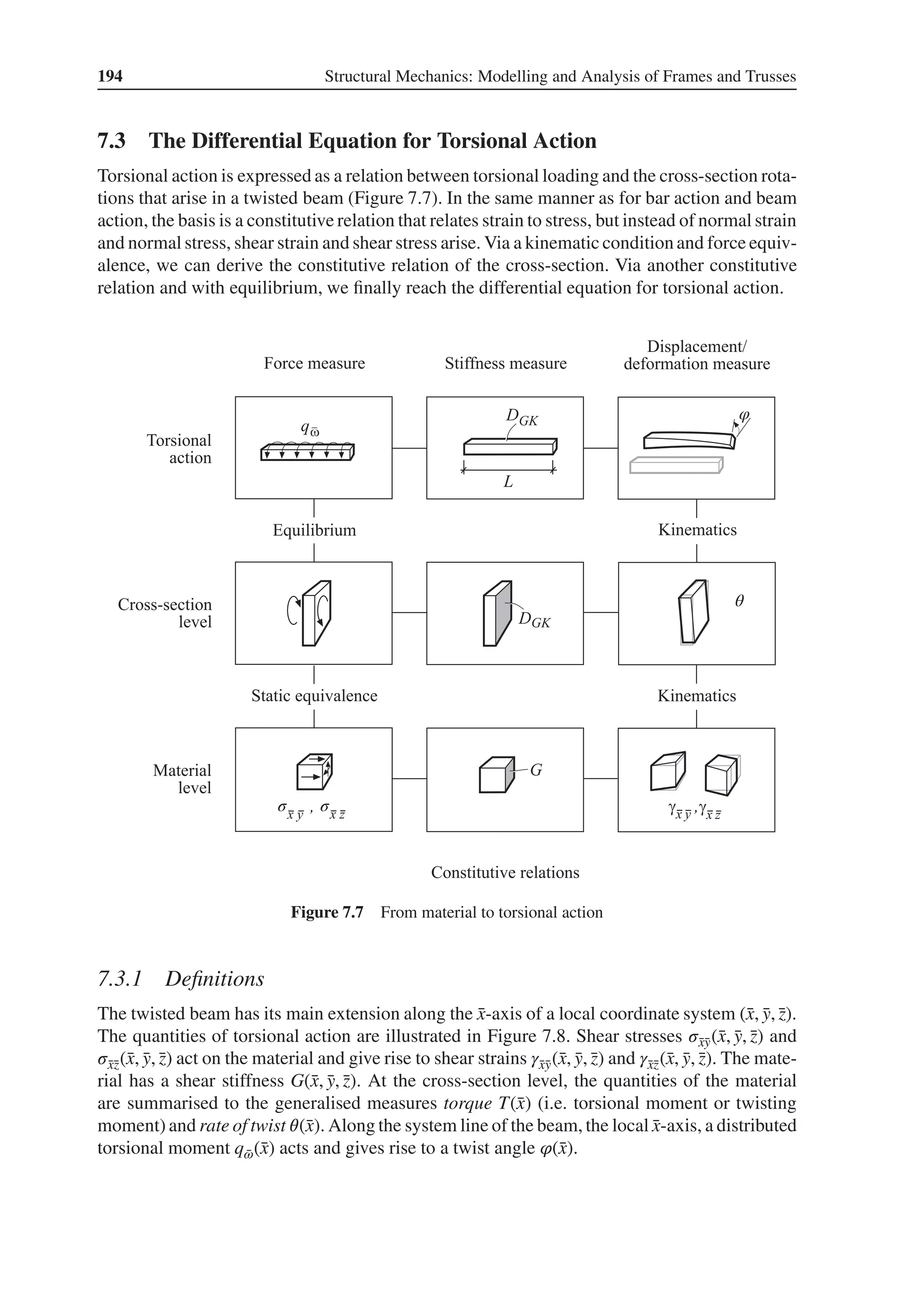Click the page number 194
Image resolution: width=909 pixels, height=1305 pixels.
click(110, 76)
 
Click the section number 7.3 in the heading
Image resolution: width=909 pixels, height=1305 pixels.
click(111, 141)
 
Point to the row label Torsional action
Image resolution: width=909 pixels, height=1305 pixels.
click(179, 449)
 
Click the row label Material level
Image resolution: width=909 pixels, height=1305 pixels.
click(182, 779)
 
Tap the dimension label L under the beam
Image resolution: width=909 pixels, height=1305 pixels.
click(508, 482)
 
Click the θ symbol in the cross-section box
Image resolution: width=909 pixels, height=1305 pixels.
click(739, 601)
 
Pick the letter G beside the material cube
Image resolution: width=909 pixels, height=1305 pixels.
click(536, 770)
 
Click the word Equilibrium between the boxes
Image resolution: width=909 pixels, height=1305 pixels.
click(314, 530)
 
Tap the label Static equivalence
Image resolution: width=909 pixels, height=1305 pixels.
click(314, 696)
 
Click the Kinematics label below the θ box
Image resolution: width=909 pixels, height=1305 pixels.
click(696, 696)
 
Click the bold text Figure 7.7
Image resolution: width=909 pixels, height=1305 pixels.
click(327, 912)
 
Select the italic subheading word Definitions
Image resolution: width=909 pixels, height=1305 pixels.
click(214, 979)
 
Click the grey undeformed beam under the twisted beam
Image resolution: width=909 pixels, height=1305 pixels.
click(676, 467)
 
